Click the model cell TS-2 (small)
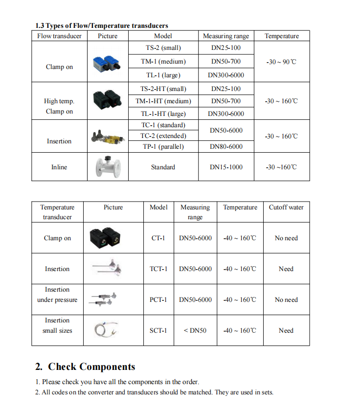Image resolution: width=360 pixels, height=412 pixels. [x=163, y=48]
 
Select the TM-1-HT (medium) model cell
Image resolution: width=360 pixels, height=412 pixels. [x=163, y=101]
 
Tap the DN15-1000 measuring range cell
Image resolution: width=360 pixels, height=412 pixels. [x=226, y=167]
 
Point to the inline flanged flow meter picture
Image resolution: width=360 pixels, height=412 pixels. [x=107, y=167]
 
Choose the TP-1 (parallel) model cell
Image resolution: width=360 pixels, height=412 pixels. [x=163, y=147]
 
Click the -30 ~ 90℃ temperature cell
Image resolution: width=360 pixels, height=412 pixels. [x=281, y=62]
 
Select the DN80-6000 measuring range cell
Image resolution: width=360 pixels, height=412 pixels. [x=226, y=147]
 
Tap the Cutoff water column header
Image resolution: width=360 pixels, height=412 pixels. [x=286, y=207]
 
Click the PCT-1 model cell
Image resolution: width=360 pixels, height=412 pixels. [x=158, y=300]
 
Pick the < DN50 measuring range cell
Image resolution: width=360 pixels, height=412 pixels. [x=195, y=331]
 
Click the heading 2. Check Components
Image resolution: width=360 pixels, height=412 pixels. [x=85, y=367]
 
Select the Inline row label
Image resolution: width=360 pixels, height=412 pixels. [x=59, y=167]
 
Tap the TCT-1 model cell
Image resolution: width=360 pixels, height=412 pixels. [x=158, y=269]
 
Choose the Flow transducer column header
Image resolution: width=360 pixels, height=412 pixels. [x=59, y=36]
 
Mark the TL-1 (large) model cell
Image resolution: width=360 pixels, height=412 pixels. [x=163, y=75]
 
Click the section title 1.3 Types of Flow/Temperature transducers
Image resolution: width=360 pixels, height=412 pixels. [x=101, y=25]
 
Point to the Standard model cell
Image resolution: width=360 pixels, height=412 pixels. [x=163, y=167]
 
